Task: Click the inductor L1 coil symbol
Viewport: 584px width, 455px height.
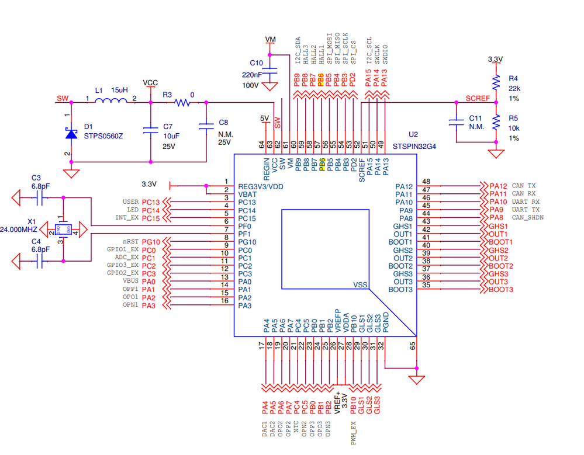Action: [x=111, y=103]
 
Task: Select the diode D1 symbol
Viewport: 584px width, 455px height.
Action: [x=71, y=134]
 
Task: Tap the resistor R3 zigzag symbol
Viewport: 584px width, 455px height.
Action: [x=183, y=103]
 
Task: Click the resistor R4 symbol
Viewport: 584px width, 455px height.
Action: [x=496, y=81]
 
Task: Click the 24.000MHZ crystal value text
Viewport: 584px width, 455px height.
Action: [x=20, y=230]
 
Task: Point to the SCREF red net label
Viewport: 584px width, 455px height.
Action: [x=478, y=98]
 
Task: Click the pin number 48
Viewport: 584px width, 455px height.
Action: [x=426, y=182]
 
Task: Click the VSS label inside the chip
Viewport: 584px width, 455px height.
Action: [x=360, y=285]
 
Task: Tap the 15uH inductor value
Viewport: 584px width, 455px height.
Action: [x=119, y=91]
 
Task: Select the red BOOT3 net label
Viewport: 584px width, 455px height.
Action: [x=501, y=290]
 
